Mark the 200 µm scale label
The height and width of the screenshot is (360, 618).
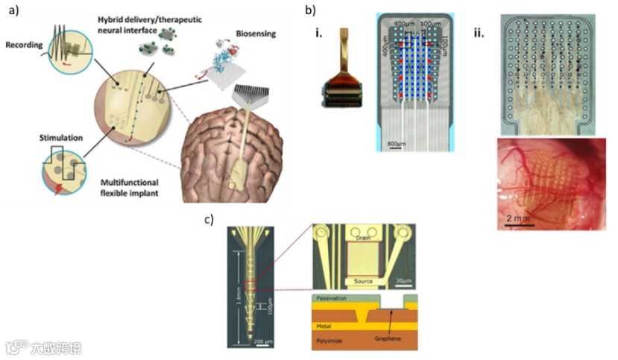(263, 341)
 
